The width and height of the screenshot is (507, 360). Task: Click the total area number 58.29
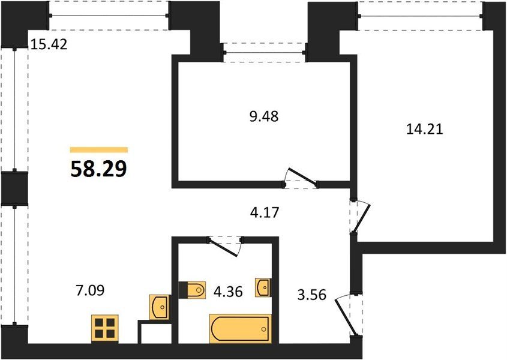click(x=98, y=169)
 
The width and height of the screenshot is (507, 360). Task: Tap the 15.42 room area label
click(x=49, y=44)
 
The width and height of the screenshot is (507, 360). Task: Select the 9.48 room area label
click(x=264, y=116)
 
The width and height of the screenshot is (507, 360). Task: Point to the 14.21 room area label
click(x=424, y=129)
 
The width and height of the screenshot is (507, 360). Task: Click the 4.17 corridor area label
click(x=265, y=212)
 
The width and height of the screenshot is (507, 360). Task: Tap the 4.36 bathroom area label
click(x=228, y=292)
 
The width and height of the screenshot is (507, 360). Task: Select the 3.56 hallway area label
click(x=312, y=295)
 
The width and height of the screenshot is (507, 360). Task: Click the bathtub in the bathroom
click(x=241, y=328)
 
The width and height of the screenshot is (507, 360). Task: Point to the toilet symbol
click(x=193, y=289)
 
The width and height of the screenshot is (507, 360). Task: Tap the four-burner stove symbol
click(x=105, y=328)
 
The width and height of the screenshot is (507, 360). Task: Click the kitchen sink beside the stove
click(x=159, y=307)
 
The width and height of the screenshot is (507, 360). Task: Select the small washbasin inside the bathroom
click(x=263, y=287)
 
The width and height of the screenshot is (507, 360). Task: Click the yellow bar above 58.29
click(x=99, y=149)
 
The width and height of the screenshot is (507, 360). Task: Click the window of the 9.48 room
click(x=264, y=52)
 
